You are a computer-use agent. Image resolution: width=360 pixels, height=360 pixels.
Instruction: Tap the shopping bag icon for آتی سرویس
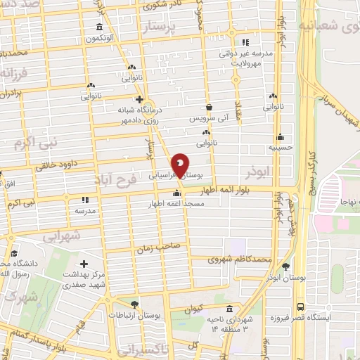(209, 108)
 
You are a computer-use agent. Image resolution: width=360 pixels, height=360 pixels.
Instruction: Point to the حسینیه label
(280, 148)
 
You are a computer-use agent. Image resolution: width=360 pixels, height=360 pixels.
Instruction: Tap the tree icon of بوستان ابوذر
(285, 266)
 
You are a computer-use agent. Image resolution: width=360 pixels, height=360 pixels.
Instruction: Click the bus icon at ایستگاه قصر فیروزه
(300, 307)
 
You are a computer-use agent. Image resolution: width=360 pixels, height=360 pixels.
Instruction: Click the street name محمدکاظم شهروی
(240, 259)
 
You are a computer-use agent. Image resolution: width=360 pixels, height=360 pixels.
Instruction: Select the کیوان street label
(195, 307)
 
